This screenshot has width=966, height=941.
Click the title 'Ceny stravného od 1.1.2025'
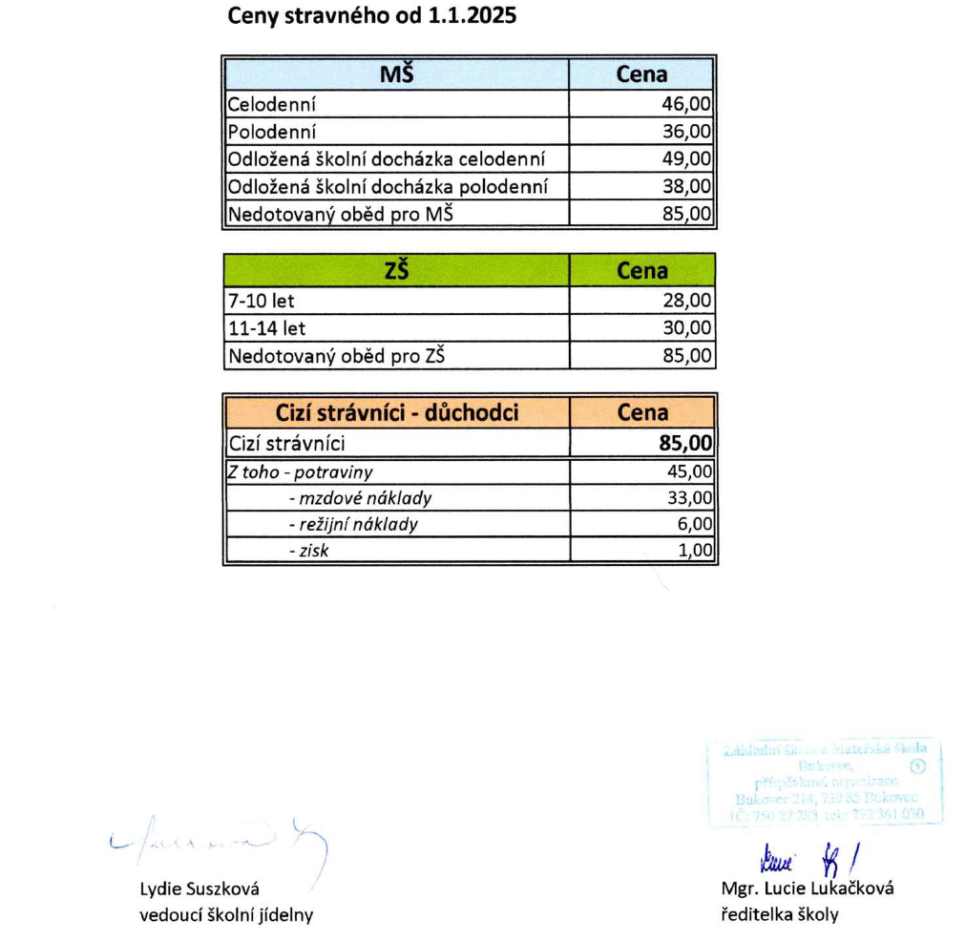(x=370, y=17)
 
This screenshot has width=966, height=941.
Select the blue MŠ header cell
(x=396, y=74)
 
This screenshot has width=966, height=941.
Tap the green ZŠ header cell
(x=396, y=271)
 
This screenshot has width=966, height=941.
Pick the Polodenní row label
(x=271, y=132)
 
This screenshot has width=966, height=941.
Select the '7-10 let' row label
(x=261, y=301)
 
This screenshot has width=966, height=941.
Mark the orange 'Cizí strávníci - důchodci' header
(x=396, y=413)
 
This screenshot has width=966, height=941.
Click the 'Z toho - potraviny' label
(x=300, y=471)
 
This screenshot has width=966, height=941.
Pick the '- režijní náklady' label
(x=353, y=524)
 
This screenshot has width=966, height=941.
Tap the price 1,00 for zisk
(x=695, y=551)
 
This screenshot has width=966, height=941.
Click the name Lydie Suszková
(x=199, y=889)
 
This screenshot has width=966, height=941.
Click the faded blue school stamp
(x=826, y=782)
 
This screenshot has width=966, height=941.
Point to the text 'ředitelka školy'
(x=780, y=914)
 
